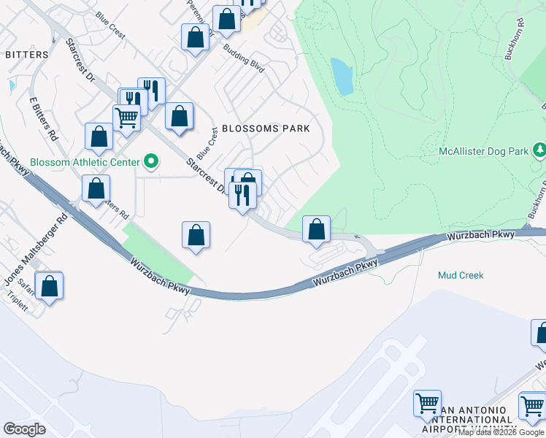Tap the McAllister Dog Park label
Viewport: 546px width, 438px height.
(x=483, y=152)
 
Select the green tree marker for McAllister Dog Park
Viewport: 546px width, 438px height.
(x=539, y=150)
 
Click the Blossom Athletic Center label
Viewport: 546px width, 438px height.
(x=85, y=162)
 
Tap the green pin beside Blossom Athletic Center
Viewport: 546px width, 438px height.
(x=152, y=161)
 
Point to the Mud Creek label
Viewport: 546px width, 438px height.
(x=461, y=275)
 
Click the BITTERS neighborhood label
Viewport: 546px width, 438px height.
(x=27, y=55)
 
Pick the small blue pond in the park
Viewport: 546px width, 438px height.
(x=342, y=77)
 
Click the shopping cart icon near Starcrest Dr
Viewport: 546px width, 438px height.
(x=127, y=117)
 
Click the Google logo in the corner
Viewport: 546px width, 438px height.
(x=24, y=429)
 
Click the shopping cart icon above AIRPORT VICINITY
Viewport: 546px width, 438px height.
(x=427, y=403)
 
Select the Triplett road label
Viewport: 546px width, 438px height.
(x=17, y=302)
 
